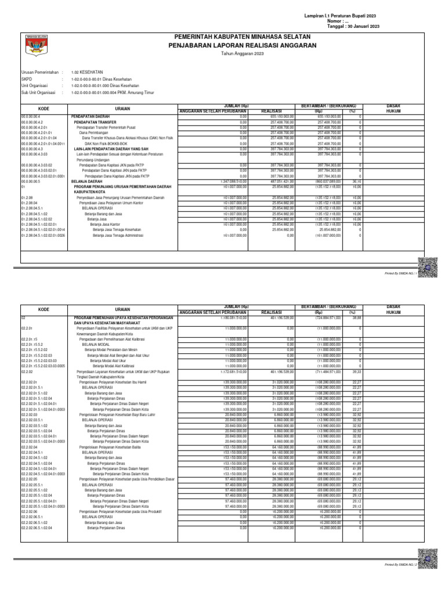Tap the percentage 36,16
click(358, 181)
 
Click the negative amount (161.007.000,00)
click(329, 236)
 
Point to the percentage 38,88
click(358, 318)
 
